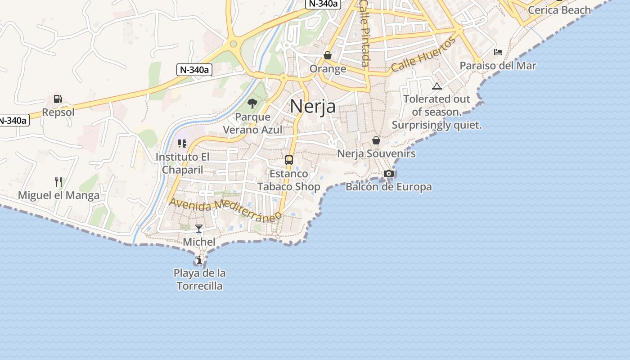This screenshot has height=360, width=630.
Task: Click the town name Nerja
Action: click(x=313, y=107)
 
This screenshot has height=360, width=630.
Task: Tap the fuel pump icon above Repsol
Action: click(x=58, y=99)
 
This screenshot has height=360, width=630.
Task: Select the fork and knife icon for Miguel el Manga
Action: click(x=58, y=182)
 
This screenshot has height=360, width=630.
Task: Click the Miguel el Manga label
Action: click(x=58, y=195)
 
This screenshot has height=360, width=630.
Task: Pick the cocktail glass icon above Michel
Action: click(x=199, y=229)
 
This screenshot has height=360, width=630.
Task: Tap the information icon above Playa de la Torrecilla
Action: click(x=199, y=260)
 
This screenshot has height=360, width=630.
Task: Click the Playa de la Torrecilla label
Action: click(x=199, y=279)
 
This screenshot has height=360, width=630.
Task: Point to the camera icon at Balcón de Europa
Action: click(x=389, y=173)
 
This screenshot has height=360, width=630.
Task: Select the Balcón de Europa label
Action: click(x=389, y=187)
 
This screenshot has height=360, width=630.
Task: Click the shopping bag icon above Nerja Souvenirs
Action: click(x=376, y=140)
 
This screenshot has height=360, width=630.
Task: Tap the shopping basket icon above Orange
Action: click(x=328, y=55)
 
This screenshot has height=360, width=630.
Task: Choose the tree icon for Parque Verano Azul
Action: click(x=252, y=103)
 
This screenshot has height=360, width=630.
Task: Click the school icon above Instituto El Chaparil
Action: click(x=182, y=144)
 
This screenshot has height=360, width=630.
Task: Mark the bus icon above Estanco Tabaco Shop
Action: click(x=289, y=160)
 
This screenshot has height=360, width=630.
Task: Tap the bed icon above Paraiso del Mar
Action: click(x=498, y=52)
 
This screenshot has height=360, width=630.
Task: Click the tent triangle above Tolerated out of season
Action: click(x=436, y=86)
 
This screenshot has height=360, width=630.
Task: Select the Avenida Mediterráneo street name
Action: click(x=225, y=209)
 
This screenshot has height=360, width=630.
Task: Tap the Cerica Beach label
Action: click(x=559, y=10)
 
